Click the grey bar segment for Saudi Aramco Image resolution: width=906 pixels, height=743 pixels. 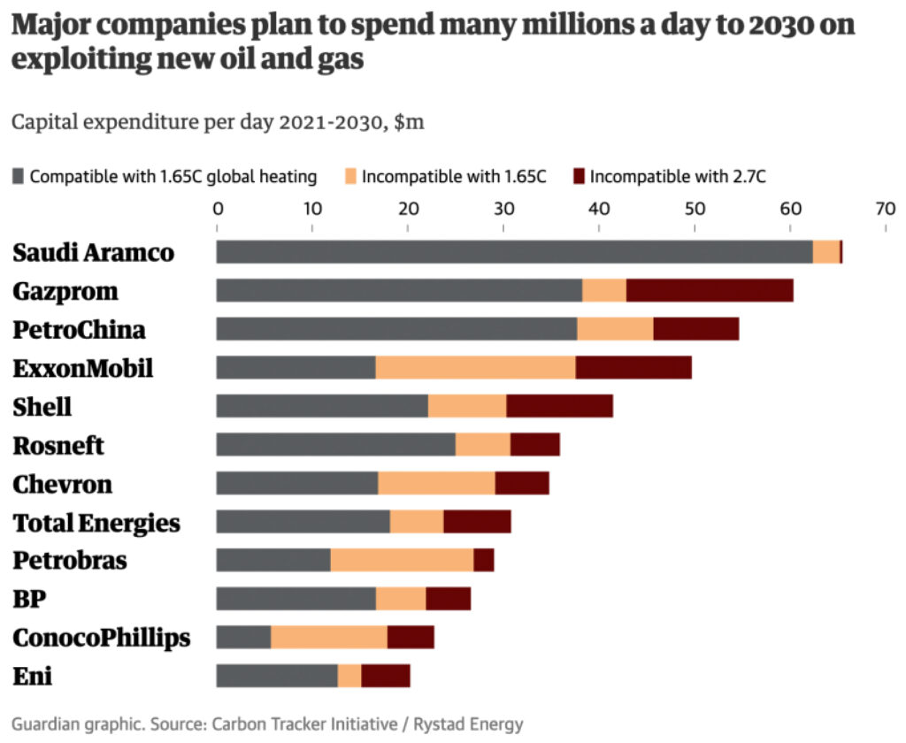point(514,251)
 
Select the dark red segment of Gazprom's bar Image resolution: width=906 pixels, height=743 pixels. point(710,290)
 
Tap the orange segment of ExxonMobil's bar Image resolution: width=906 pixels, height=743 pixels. point(475,367)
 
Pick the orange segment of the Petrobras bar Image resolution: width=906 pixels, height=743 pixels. point(402,560)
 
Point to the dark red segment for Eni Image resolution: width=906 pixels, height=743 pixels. point(386,676)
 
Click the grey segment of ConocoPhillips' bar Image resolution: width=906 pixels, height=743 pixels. point(243,637)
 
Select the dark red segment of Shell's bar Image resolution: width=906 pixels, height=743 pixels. point(559,406)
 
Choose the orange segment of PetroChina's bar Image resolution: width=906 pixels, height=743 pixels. point(615,329)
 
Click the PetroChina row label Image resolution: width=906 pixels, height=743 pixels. point(79,330)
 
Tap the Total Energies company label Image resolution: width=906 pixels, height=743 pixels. point(96,523)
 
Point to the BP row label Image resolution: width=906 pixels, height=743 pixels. point(29,600)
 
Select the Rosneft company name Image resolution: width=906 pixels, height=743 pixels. point(58,446)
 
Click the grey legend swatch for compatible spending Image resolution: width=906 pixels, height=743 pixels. point(19,176)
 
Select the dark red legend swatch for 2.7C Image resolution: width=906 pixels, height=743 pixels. point(580,176)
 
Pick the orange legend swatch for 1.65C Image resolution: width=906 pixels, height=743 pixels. point(351,176)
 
